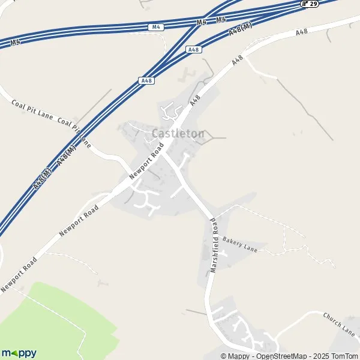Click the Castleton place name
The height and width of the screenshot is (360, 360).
point(178,133)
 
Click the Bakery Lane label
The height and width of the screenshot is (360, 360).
point(239,244)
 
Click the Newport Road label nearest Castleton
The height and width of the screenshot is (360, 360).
point(146,164)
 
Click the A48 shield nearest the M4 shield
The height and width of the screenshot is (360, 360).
point(193,50)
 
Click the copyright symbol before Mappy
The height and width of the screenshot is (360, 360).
point(224,356)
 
